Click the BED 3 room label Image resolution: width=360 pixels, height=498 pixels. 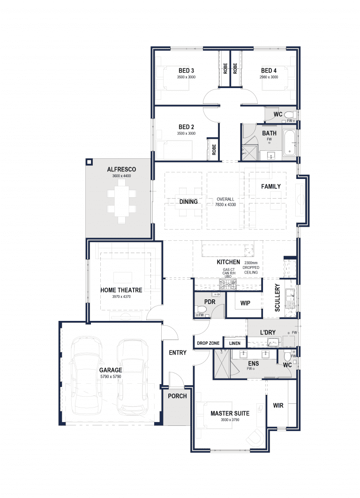(x=186, y=71)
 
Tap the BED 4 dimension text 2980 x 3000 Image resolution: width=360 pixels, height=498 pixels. (x=269, y=77)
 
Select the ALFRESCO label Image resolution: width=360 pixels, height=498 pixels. (x=121, y=169)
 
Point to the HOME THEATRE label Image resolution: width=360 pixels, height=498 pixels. (x=121, y=290)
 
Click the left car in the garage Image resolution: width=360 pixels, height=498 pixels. (x=86, y=376)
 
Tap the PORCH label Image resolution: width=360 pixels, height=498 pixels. (x=177, y=396)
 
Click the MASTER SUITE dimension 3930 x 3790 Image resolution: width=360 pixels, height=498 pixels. (x=230, y=420)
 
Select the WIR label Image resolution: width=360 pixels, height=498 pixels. (x=278, y=405)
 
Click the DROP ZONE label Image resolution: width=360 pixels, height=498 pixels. (x=208, y=343)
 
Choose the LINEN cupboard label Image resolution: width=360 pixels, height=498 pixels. (x=235, y=343)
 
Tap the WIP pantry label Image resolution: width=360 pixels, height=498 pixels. (x=245, y=303)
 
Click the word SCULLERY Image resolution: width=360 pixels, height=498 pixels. (x=277, y=297)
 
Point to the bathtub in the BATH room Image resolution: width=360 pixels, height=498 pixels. (x=290, y=142)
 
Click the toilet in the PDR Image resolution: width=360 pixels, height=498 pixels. (x=201, y=309)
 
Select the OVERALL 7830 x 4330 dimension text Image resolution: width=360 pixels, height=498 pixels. (x=225, y=202)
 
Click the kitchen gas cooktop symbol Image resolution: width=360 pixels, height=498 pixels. (x=227, y=285)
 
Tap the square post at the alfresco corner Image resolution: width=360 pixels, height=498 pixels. (x=89, y=162)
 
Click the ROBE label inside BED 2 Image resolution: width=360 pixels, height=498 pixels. (x=214, y=149)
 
